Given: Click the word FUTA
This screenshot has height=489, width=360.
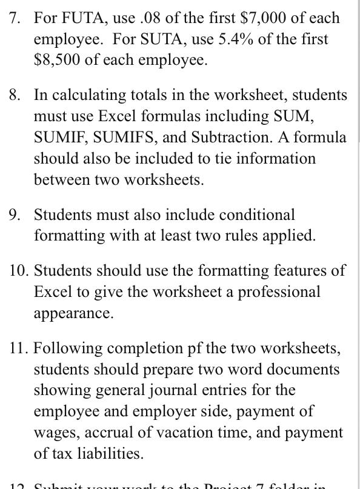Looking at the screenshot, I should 76,18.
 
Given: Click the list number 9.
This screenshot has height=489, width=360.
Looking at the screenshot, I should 15,215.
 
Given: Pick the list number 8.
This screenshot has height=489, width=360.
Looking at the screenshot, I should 15,95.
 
